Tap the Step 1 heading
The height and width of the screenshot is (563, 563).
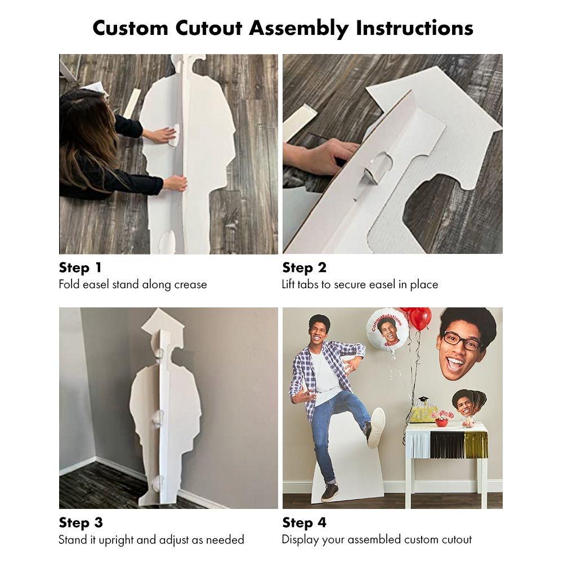[x=81, y=267]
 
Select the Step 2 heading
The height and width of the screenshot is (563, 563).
[x=304, y=267]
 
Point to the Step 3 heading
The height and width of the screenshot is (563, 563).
[x=81, y=522]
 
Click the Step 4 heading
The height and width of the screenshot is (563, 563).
[x=304, y=522]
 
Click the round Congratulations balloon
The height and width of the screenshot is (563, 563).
[x=387, y=328]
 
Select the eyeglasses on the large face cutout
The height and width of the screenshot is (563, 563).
[x=462, y=341]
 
